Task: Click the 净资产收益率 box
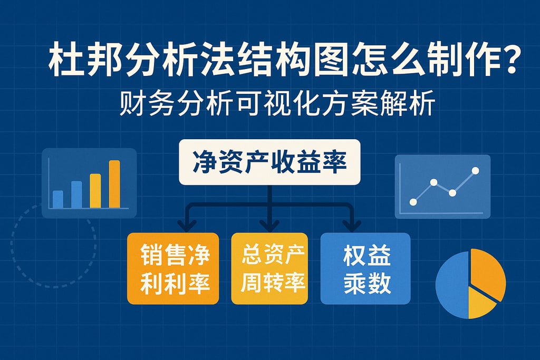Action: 269,162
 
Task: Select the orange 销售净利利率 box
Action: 173,268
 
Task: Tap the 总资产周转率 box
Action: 269,268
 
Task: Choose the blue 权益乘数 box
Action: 365,268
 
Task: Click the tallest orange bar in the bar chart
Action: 114,184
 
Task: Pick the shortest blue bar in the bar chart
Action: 58,199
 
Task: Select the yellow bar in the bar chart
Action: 95,191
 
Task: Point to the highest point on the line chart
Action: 475,170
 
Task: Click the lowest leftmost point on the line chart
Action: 413,202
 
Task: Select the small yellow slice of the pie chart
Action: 480,303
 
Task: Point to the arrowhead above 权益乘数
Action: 352,226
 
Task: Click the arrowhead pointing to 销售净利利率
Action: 187,226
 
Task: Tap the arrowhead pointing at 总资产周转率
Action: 269,226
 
